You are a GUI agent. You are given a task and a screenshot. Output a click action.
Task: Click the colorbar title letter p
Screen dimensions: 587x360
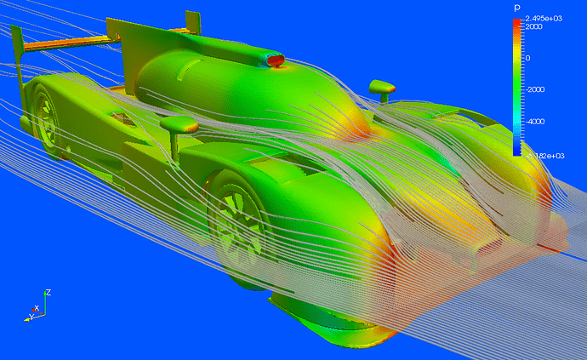[517, 8]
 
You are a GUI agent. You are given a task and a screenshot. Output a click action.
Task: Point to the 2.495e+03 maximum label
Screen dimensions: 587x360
[544, 19]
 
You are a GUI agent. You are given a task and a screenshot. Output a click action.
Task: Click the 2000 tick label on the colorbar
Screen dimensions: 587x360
[533, 26]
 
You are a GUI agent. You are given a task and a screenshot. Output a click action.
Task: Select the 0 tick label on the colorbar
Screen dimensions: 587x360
[527, 58]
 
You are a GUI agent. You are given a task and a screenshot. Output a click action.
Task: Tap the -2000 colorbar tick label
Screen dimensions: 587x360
[535, 89]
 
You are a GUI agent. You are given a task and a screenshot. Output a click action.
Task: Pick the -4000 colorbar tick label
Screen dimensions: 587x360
[535, 122]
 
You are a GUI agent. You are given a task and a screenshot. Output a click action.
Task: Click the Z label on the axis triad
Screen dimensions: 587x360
[48, 292]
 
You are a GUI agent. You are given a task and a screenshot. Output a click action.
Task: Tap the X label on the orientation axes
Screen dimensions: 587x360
[37, 308]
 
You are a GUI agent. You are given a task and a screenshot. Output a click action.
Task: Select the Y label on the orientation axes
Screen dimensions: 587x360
[31, 317]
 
